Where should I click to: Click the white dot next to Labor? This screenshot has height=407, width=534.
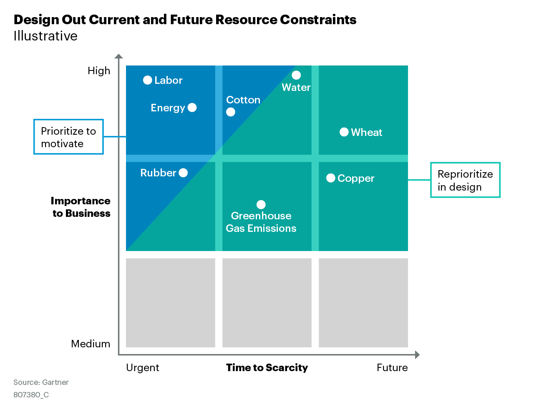pos(147,80)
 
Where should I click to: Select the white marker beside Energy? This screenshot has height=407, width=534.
pos(192,108)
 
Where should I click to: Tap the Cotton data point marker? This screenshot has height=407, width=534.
pos(231,112)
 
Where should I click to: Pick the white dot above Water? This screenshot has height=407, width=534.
pos(296,75)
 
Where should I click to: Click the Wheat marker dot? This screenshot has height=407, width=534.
pos(344,132)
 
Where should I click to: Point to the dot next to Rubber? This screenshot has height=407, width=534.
pos(183,173)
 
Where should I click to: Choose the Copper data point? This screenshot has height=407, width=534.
pos(331,178)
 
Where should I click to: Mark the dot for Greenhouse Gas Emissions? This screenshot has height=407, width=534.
pos(261,205)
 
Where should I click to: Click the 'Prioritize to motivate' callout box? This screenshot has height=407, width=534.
pos(68,137)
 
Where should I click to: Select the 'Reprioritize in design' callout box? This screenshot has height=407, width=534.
pos(465,180)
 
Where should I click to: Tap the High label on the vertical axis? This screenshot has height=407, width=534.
pos(99,71)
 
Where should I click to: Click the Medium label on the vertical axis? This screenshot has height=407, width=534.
pos(91,344)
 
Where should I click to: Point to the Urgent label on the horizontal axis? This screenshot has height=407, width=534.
pos(143,368)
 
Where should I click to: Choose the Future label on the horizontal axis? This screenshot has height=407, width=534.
pos(392,368)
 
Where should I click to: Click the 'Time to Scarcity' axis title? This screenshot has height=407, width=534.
pos(267,368)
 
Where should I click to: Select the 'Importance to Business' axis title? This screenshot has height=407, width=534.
pos(81,207)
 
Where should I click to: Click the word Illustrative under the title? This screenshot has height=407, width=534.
pos(45,36)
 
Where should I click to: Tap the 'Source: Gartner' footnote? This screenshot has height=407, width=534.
pos(41,382)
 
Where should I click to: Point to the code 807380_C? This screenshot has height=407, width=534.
pos(31,395)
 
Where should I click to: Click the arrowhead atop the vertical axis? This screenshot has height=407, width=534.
pos(119,56)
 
